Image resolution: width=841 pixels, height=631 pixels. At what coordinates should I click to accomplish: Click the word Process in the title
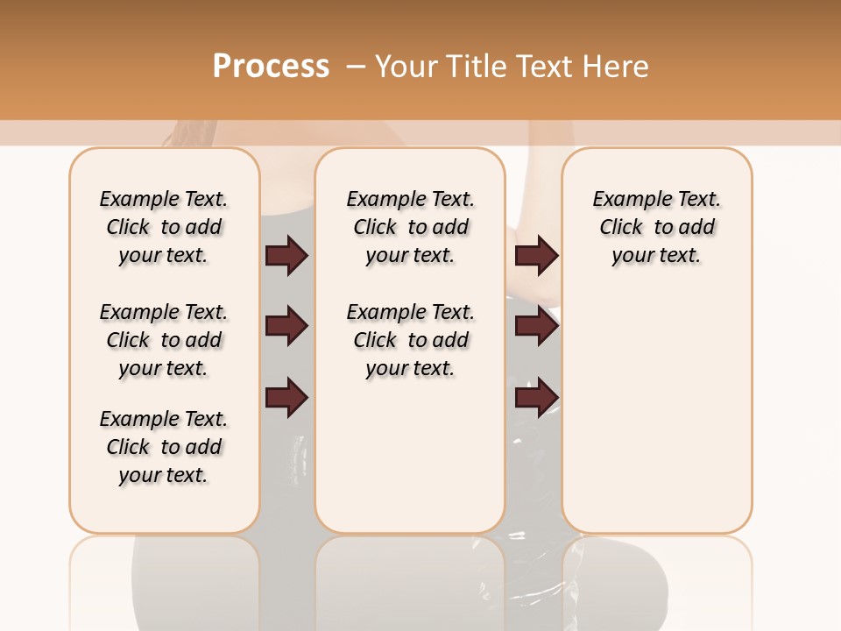pos(271,67)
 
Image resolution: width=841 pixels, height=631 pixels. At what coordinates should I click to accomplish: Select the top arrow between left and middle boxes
pos(286,256)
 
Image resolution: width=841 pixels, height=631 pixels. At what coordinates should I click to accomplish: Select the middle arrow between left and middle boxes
pos(286,327)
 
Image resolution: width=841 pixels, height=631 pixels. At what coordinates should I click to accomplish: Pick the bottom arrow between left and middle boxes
pos(286,398)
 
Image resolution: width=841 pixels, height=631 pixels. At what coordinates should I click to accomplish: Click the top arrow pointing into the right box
pos(536,256)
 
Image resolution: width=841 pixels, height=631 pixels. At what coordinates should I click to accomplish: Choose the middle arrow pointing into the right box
pos(536,327)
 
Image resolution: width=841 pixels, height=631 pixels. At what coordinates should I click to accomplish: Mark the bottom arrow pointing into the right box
pos(536,398)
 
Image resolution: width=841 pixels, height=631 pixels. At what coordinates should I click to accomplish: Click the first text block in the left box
pos(164,227)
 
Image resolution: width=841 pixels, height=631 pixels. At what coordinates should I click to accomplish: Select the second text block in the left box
pos(164,340)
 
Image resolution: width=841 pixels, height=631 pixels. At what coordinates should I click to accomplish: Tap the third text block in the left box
pos(164,447)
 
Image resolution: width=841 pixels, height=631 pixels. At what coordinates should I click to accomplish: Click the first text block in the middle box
pos(410,227)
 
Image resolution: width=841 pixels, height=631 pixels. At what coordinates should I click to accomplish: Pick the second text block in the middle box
pos(410,340)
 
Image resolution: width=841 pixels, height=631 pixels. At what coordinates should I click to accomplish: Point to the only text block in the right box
pos(656,227)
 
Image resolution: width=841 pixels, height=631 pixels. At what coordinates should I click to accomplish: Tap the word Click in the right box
pos(621,228)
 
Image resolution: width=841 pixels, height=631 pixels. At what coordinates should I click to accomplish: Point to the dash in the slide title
pos(356,67)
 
